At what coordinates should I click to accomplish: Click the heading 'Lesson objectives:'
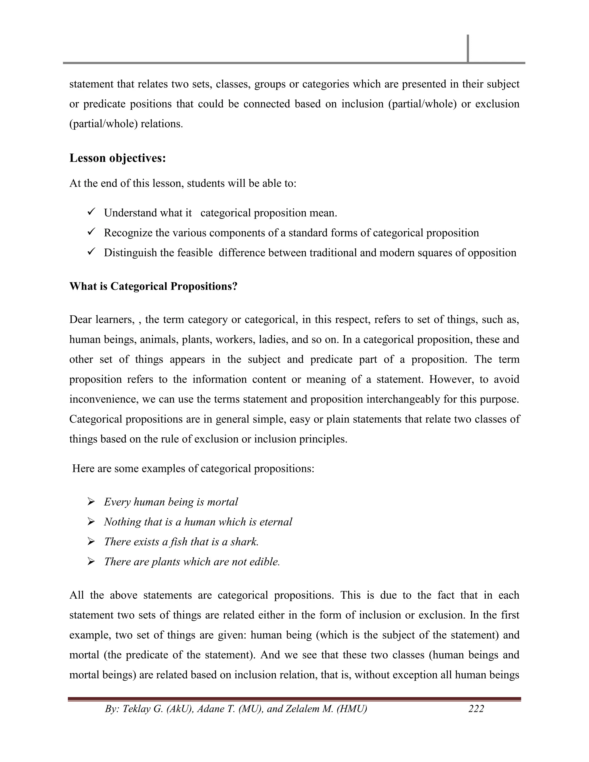[118, 158]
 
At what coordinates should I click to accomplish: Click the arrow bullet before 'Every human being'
[91, 502]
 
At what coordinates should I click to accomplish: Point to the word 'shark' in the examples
[244, 541]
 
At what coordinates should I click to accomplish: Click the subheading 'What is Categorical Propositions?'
[153, 286]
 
